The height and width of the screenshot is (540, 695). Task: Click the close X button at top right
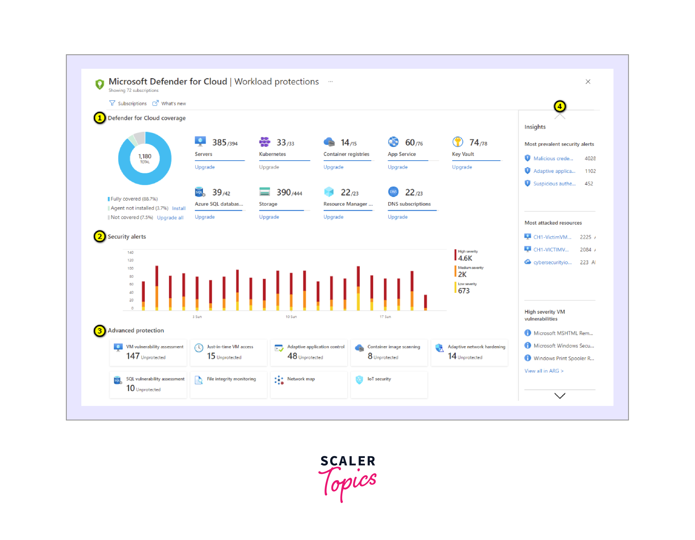[588, 82]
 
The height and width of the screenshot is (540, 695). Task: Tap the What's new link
[173, 104]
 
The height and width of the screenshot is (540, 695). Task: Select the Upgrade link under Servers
[205, 167]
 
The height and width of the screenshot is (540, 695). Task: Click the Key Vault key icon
[458, 142]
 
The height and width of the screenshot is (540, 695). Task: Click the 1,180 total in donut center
[145, 158]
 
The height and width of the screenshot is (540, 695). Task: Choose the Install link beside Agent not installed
[179, 208]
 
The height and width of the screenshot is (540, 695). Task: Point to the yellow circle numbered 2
[100, 237]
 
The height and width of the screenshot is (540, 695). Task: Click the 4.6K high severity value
[465, 258]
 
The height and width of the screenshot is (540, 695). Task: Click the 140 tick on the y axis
[130, 252]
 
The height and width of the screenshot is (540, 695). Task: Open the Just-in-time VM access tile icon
[199, 348]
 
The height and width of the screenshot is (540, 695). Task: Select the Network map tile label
[301, 379]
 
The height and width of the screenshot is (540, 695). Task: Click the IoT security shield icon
[359, 380]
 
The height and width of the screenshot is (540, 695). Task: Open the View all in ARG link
[544, 371]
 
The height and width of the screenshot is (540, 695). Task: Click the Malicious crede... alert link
[553, 158]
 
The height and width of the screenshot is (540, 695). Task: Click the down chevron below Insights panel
[560, 396]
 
